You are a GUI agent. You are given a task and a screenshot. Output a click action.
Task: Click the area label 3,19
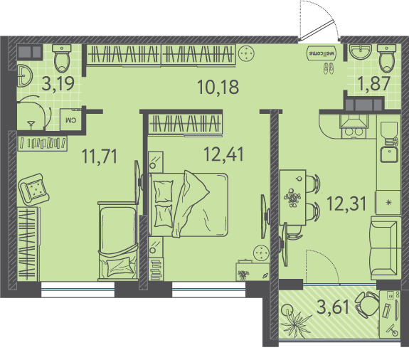click(58, 83)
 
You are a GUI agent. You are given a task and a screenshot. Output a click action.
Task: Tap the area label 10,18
click(218, 87)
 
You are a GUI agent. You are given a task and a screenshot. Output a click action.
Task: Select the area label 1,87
click(374, 83)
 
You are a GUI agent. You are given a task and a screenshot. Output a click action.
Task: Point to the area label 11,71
click(100, 156)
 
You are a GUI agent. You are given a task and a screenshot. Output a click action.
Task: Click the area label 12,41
click(223, 154)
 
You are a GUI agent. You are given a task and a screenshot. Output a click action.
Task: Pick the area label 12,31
click(346, 203)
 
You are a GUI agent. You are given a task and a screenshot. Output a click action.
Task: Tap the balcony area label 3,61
click(333, 307)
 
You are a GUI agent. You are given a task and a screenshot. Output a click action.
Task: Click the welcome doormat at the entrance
click(322, 53)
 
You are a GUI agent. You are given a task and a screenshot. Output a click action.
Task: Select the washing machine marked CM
click(70, 120)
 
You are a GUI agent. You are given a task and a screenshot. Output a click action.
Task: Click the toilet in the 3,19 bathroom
click(62, 58)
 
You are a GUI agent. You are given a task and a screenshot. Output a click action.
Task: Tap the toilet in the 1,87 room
click(387, 58)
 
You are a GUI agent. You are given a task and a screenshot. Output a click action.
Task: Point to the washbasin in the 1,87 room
click(360, 52)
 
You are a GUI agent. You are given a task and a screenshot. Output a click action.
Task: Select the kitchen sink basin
click(389, 154)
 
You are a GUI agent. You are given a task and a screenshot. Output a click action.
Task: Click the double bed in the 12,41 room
click(188, 204)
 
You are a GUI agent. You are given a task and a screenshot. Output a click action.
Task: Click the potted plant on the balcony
click(295, 320)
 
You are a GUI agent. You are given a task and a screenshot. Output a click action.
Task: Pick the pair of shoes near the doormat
click(329, 68)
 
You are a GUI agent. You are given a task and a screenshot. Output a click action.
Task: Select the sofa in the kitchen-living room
click(386, 248)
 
